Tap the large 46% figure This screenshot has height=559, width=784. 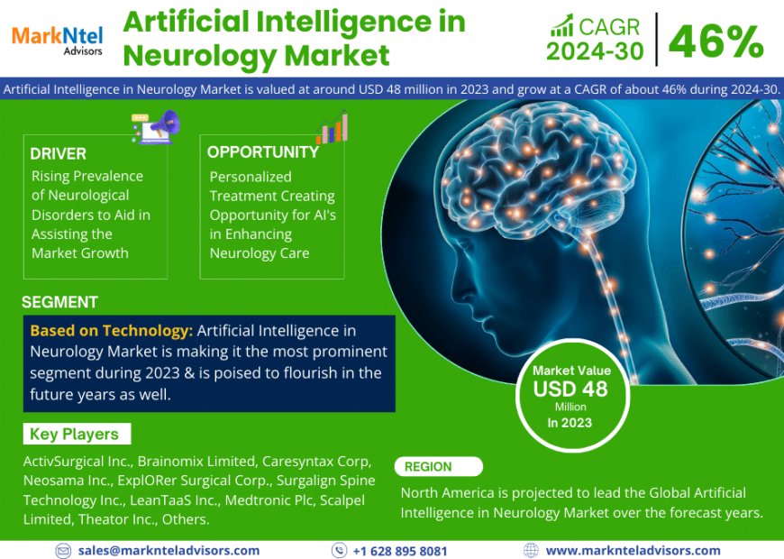click(716, 41)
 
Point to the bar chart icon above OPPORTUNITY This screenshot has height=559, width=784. click(331, 127)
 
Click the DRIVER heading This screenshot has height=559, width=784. click(59, 154)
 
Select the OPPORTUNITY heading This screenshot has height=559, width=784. click(263, 152)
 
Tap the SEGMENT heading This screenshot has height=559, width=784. click(59, 302)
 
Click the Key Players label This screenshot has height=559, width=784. click(74, 434)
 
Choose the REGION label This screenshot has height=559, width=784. click(428, 467)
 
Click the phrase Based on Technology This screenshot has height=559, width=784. click(111, 331)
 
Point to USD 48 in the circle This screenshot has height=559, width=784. click(570, 389)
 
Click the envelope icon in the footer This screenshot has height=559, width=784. click(63, 550)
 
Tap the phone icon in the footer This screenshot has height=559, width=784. click(339, 550)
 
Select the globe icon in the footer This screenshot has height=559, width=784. click(531, 550)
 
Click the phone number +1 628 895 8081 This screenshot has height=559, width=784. click(400, 550)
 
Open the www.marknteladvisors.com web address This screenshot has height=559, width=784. click(633, 550)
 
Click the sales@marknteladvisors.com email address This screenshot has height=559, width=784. click(169, 550)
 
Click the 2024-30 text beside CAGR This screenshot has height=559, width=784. click(595, 52)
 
